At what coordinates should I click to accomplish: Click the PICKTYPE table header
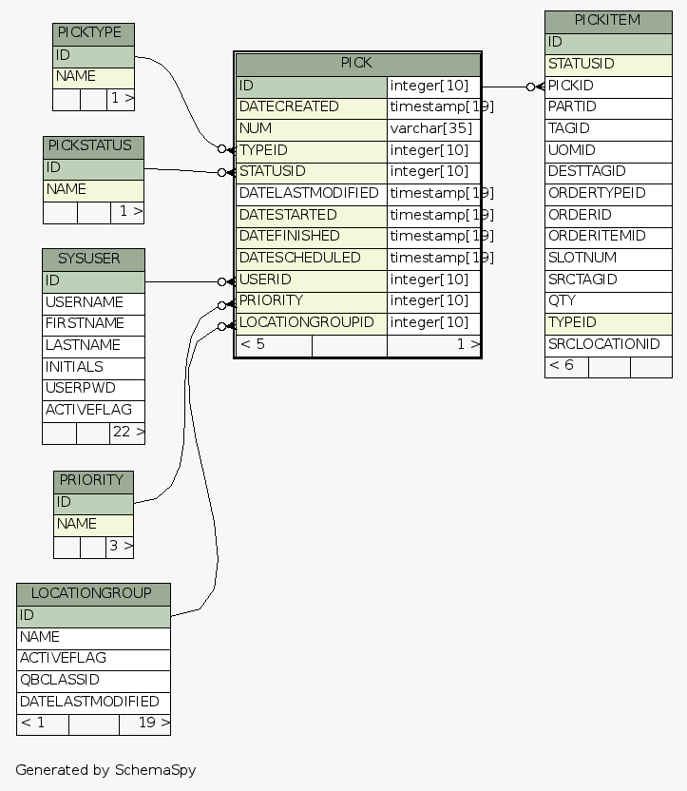click(93, 34)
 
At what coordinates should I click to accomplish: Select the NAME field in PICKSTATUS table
click(93, 190)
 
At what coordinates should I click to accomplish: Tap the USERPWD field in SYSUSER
click(93, 389)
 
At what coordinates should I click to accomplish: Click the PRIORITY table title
click(93, 481)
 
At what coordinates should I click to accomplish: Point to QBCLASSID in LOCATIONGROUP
click(93, 681)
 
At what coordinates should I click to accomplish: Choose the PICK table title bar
click(357, 64)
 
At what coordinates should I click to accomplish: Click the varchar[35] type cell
click(432, 128)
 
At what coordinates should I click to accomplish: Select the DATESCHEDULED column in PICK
click(311, 258)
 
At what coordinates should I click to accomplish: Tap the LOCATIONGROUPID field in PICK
click(311, 322)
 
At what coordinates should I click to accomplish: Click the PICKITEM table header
click(608, 21)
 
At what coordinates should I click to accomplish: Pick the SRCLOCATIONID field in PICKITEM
click(608, 344)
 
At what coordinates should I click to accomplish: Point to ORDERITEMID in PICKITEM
click(608, 236)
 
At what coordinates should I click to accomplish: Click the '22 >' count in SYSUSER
click(127, 433)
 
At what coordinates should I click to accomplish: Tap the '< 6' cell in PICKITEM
click(566, 366)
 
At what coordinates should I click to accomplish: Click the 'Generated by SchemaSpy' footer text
click(105, 770)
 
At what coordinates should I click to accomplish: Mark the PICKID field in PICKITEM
click(608, 86)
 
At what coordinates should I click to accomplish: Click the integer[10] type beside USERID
click(432, 280)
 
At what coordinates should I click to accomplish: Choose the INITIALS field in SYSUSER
click(93, 367)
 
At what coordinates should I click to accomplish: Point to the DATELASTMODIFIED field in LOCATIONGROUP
click(93, 702)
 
